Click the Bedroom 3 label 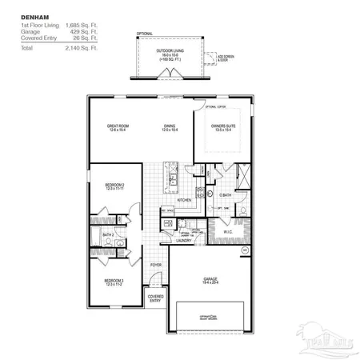[x=113, y=282]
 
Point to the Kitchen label [x=184, y=199]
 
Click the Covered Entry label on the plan [x=155, y=298]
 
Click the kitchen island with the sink [x=170, y=177]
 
